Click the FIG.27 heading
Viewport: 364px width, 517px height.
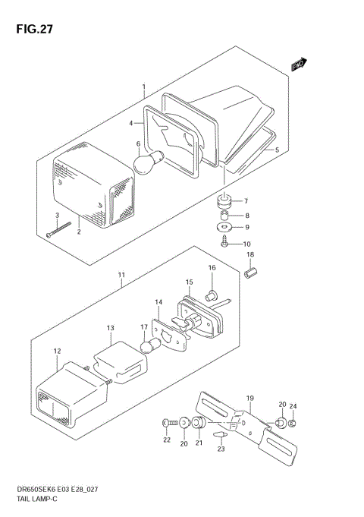coord(34,29)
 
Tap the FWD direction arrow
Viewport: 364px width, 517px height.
coord(299,65)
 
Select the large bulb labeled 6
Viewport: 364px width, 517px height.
coord(149,162)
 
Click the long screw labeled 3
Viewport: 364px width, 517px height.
coord(59,229)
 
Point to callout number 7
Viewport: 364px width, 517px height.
coord(246,200)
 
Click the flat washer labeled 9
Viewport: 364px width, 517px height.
coord(224,227)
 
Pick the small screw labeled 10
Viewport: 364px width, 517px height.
coord(224,242)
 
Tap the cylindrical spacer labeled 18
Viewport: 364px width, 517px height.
coord(251,273)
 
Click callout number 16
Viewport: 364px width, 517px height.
coord(212,267)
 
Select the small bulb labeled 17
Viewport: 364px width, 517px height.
coord(150,345)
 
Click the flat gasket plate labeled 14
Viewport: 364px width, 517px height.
coord(169,334)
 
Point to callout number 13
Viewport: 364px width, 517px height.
coord(111,328)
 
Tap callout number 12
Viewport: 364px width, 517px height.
coord(58,351)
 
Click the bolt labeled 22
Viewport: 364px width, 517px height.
coord(171,421)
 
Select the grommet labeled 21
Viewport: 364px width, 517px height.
coord(199,423)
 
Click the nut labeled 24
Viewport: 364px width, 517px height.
coord(292,423)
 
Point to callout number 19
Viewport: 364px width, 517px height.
coord(250,399)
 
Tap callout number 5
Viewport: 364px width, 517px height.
coord(277,150)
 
